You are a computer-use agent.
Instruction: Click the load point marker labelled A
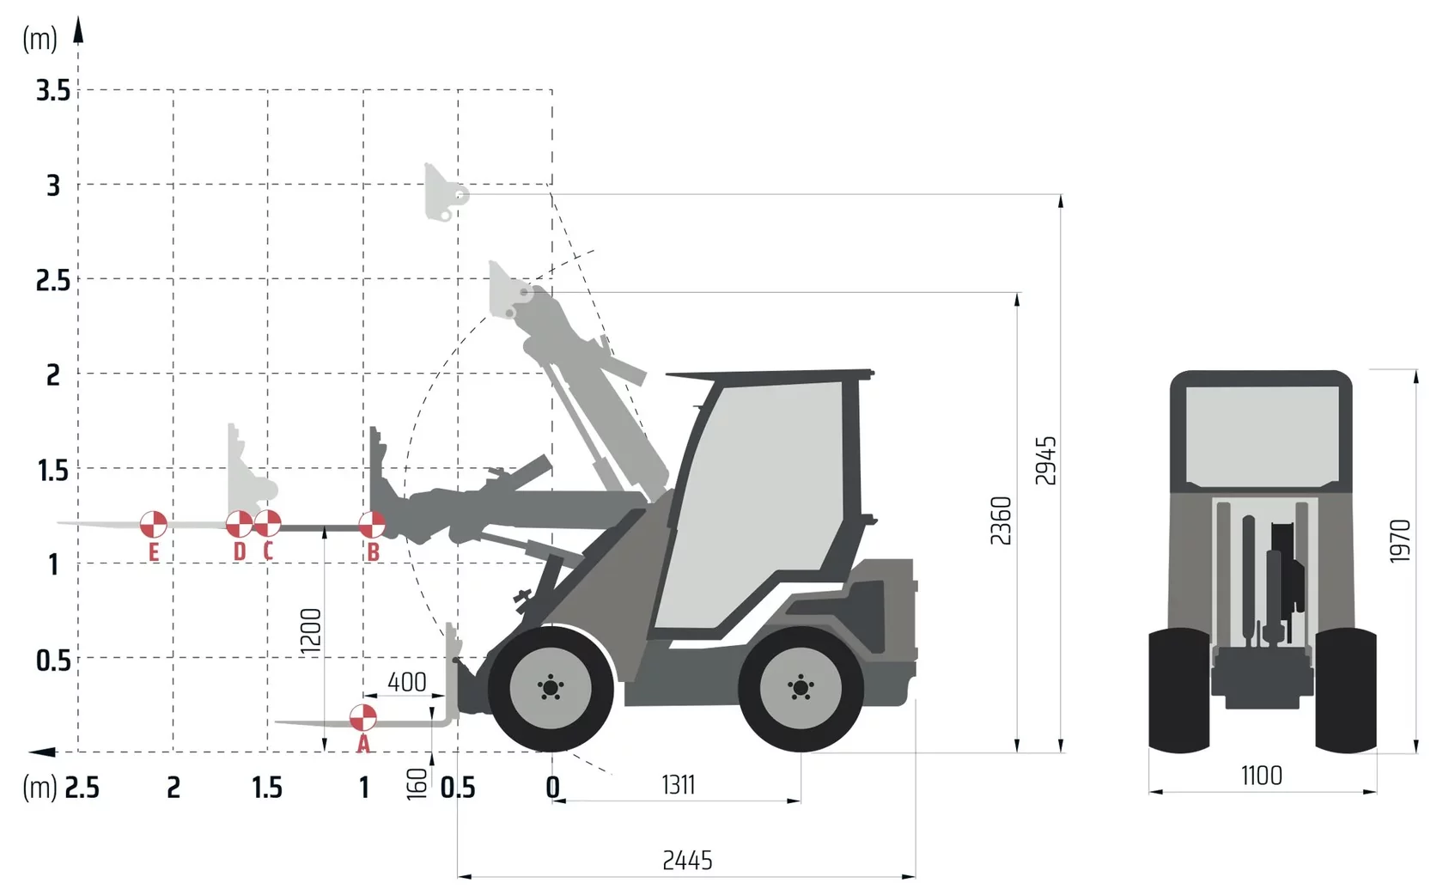click(362, 718)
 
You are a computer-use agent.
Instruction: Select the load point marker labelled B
click(372, 525)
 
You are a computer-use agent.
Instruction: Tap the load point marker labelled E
click(153, 525)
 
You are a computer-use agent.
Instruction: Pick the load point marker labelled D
click(239, 525)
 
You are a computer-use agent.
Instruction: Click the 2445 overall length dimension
click(687, 861)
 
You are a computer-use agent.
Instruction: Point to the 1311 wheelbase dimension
click(679, 785)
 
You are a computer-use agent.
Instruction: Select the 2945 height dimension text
click(1045, 460)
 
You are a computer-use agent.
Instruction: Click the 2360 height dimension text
click(1002, 521)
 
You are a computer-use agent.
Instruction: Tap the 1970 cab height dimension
click(1400, 541)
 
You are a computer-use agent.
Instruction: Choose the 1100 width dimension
click(1261, 776)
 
